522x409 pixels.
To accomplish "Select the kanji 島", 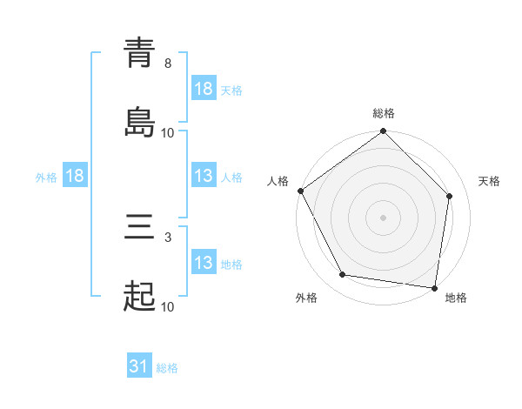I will click(x=140, y=122).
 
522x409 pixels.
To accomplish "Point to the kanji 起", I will click(x=140, y=297).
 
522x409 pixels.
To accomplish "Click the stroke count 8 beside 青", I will click(x=168, y=64).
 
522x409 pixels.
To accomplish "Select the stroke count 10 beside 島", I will click(x=168, y=132).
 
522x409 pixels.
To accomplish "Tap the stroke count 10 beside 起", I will click(x=168, y=306).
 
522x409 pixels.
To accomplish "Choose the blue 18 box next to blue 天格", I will click(x=204, y=89).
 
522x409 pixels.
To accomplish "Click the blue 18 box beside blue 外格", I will click(x=75, y=176).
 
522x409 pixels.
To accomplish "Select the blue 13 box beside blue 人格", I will click(x=204, y=176).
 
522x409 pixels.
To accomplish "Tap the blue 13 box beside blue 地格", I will click(x=204, y=263).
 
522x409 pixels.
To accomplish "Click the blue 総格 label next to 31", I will click(x=167, y=368).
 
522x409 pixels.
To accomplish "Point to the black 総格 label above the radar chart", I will click(x=384, y=113).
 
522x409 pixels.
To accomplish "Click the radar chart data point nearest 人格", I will click(x=301, y=191).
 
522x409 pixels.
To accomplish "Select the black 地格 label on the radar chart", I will click(x=456, y=298).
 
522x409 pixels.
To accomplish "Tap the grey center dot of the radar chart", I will click(x=384, y=218).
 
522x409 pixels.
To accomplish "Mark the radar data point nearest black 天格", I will click(x=450, y=196).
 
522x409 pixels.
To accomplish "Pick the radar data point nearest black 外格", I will click(x=343, y=275).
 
